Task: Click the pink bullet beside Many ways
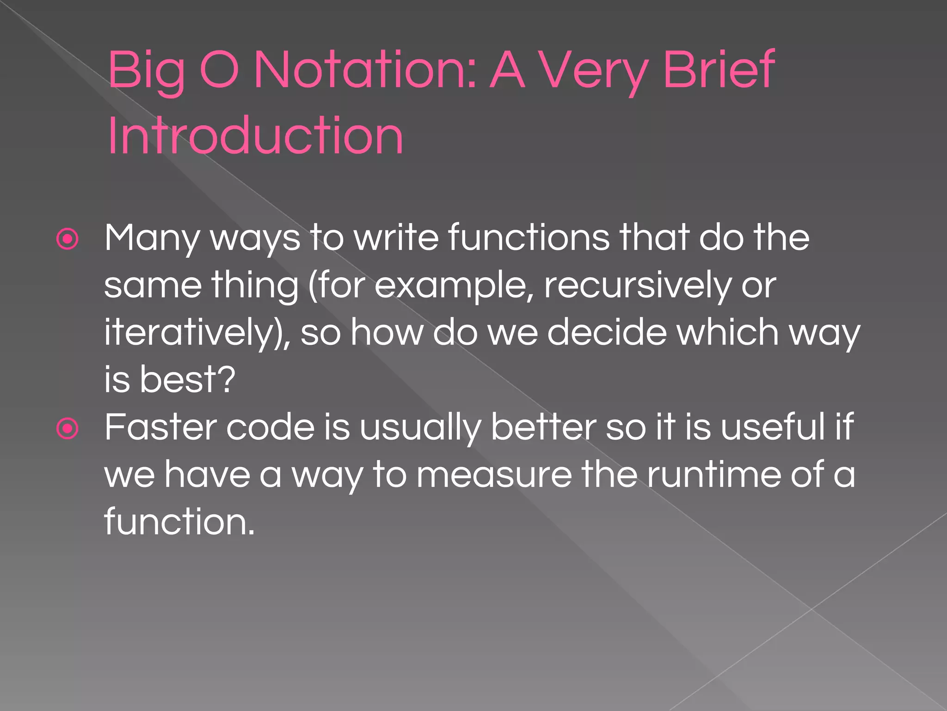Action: click(x=68, y=239)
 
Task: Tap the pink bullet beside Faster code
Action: click(x=68, y=428)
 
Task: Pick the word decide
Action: click(x=607, y=332)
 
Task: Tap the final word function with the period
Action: click(x=179, y=521)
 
